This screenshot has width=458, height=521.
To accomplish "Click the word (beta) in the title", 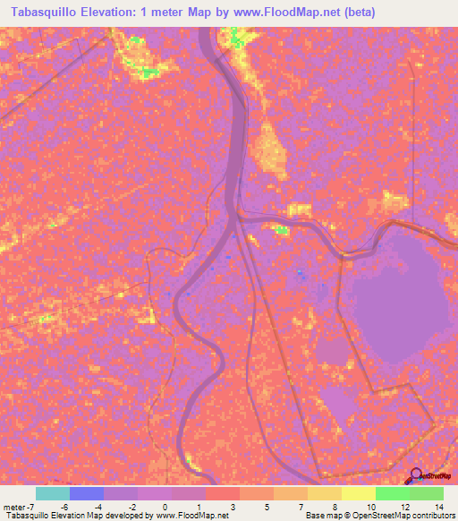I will point(352,12).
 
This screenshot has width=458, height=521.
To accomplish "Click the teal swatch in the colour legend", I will point(53,493).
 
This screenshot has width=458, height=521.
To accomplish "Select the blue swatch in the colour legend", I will point(87,493).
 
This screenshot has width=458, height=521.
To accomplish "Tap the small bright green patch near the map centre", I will point(283,230).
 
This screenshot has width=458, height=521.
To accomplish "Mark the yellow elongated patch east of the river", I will point(268,148).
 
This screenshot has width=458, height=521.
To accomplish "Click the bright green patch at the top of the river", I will point(237,37).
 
